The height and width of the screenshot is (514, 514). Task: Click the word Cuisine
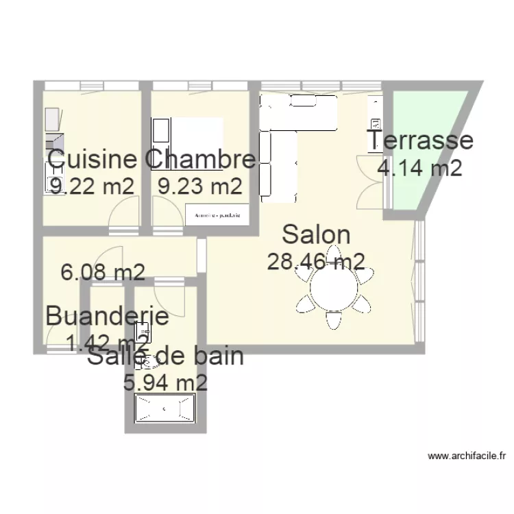tap(92, 160)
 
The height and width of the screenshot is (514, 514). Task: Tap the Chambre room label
tap(200, 160)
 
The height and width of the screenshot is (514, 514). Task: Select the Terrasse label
tap(420, 140)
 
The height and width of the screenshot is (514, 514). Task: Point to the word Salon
tap(316, 234)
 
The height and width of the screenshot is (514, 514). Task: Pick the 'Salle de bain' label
tap(165, 357)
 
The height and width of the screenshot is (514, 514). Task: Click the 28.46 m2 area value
tap(316, 261)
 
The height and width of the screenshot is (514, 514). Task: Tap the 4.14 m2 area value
tap(420, 167)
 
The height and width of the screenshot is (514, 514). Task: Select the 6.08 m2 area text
tap(103, 273)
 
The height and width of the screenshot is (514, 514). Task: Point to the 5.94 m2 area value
tap(165, 382)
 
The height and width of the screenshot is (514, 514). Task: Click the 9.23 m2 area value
tap(199, 186)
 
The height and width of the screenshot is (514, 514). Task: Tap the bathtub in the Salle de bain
tap(164, 409)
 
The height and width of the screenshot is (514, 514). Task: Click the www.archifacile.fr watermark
tap(466, 455)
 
